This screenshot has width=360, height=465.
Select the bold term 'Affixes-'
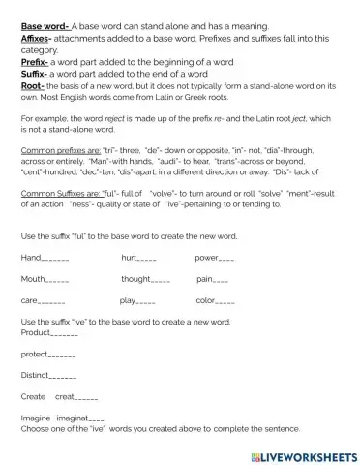click(38, 29)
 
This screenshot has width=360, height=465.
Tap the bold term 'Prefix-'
click(36, 61)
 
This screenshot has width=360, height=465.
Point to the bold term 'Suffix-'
click(35, 72)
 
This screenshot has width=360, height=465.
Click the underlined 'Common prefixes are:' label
click(57, 153)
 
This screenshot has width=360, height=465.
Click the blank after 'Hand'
click(56, 259)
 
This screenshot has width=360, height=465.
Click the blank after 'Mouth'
click(56, 279)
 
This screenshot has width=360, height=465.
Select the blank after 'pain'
click(221, 279)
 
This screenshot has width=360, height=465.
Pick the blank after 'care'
click(51, 301)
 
